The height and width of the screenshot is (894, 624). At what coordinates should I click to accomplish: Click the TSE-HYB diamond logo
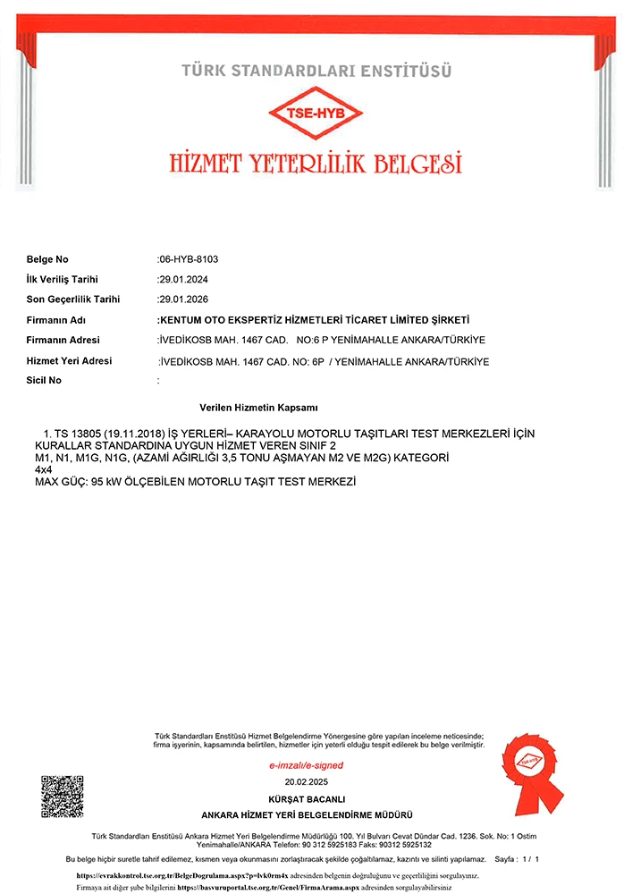coord(316,114)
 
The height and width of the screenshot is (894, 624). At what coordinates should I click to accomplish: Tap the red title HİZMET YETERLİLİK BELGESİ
coord(316,164)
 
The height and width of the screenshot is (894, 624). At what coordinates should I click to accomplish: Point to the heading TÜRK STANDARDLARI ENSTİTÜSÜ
coord(316,70)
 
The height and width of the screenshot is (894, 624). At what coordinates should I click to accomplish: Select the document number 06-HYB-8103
coord(189,259)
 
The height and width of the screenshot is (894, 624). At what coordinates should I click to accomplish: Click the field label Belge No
coord(47,259)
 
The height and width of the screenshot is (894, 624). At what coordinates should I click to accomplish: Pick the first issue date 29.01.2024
coord(182,280)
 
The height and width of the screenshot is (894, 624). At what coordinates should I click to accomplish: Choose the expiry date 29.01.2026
coord(182,299)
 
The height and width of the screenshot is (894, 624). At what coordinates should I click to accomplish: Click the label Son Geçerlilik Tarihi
coord(73,299)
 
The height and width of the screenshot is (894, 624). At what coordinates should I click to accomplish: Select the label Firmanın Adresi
coord(63,340)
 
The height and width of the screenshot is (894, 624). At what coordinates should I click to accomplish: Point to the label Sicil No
coord(44,381)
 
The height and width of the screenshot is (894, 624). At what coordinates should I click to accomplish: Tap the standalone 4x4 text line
coord(43,469)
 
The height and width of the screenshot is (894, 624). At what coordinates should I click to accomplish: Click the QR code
coord(62,797)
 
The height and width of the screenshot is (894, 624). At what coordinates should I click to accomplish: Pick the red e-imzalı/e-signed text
coord(307,766)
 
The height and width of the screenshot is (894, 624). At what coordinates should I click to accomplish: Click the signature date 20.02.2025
coord(307,781)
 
